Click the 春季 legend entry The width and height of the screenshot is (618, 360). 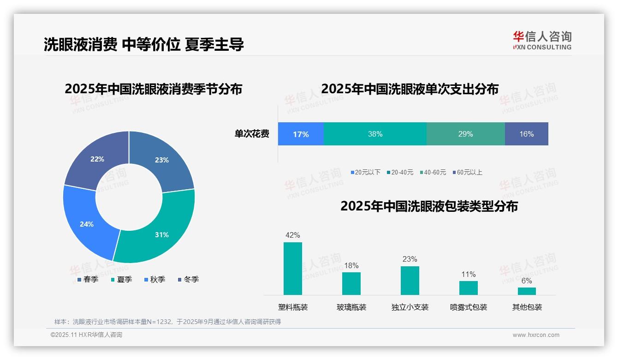pyautogui.click(x=88, y=280)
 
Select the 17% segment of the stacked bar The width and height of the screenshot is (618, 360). pyautogui.click(x=301, y=134)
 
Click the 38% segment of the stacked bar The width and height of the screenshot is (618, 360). pyautogui.click(x=375, y=134)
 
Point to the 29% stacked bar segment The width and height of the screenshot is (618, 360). pyautogui.click(x=465, y=134)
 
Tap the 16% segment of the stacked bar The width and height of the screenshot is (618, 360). pyautogui.click(x=526, y=134)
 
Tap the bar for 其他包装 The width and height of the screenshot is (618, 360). pyautogui.click(x=527, y=291)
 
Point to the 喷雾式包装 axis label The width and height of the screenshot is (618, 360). pyautogui.click(x=469, y=307)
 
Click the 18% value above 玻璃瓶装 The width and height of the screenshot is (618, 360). pyautogui.click(x=351, y=266)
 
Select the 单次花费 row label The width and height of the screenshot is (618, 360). pyautogui.click(x=252, y=134)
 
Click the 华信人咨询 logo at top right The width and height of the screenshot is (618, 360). pyautogui.click(x=542, y=40)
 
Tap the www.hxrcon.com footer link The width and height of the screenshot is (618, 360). pyautogui.click(x=536, y=335)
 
